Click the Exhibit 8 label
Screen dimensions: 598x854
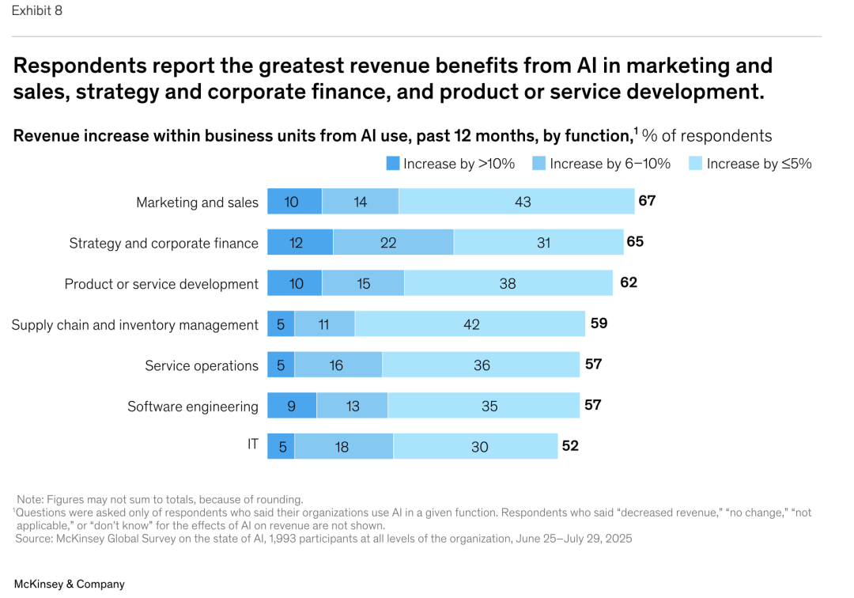pos(36,11)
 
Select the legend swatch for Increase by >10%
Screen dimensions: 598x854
pos(393,164)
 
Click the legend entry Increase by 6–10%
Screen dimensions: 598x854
pos(610,164)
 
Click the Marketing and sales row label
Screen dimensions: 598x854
pos(197,202)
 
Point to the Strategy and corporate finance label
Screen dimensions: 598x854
pos(164,243)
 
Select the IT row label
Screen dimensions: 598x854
pos(252,445)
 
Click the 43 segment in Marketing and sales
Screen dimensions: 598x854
pos(522,202)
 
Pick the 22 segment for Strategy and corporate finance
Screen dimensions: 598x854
pos(387,243)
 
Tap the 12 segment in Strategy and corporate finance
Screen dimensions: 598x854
pos(296,243)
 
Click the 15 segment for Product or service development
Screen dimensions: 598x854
pos(363,283)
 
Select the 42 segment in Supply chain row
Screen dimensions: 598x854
pos(471,324)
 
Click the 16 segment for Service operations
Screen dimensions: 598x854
pos(336,365)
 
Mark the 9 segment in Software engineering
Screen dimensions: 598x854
pos(291,406)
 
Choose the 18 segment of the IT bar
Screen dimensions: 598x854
pos(342,446)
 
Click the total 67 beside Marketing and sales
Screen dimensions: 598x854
pos(647,201)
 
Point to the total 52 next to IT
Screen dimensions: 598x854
pos(570,446)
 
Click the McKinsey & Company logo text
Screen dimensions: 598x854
pos(70,584)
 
